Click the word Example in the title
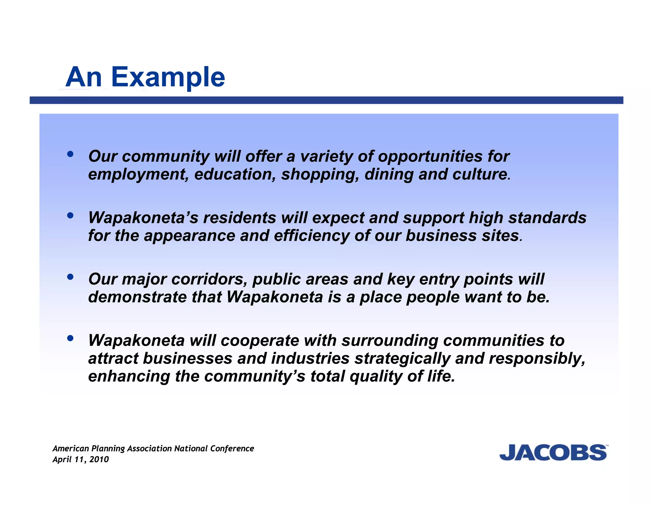[168, 77]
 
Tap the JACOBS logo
[553, 453]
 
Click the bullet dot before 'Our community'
[70, 154]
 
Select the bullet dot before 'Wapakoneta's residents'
[70, 215]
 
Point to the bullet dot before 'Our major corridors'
[70, 277]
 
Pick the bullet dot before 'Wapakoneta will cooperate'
[70, 338]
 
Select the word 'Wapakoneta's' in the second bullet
[143, 218]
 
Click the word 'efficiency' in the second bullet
[312, 236]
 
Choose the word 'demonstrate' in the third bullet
[137, 297]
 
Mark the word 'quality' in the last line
[376, 376]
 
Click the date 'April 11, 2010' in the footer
[81, 459]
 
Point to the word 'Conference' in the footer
[232, 448]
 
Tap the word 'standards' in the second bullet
[547, 218]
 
